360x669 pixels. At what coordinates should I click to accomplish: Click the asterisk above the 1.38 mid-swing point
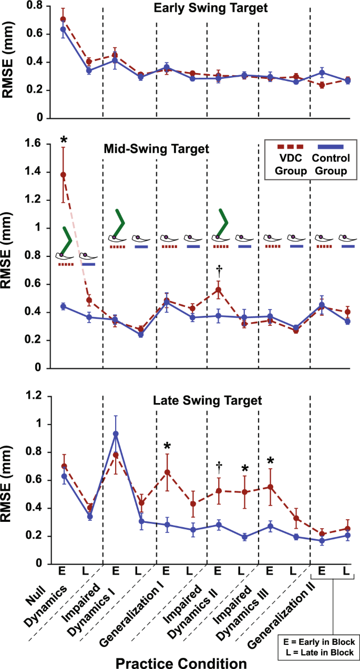point(64,140)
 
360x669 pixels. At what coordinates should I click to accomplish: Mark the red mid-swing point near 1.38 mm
point(64,174)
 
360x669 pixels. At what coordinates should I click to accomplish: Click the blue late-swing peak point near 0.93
point(116,434)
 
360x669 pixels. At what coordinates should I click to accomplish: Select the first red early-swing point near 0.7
point(64,19)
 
